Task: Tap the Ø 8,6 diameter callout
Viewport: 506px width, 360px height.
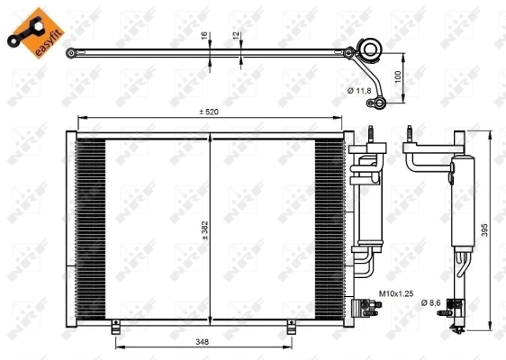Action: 436,302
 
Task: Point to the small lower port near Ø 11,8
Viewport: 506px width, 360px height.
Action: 380,102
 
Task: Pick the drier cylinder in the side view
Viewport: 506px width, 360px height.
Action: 460,202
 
